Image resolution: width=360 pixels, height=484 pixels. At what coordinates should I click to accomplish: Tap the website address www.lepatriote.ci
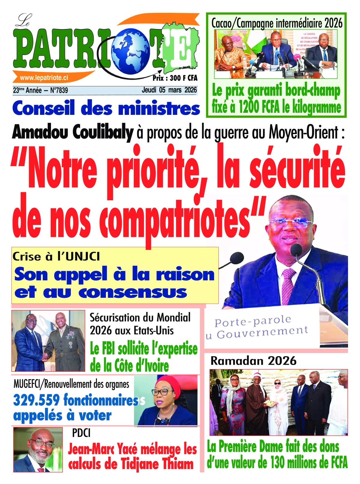[x=44, y=78]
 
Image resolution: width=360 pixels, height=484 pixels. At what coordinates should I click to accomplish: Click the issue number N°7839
[x=59, y=90]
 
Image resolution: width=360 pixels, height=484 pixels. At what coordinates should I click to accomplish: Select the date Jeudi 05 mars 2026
[x=169, y=90]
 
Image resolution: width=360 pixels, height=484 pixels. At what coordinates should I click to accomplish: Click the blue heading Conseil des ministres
[x=106, y=109]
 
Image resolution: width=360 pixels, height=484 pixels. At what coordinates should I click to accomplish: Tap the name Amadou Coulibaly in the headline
[x=73, y=132]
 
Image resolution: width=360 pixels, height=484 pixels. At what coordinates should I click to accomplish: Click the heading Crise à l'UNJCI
[x=56, y=257]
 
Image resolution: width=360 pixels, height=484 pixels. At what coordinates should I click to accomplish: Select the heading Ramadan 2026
[x=253, y=360]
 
